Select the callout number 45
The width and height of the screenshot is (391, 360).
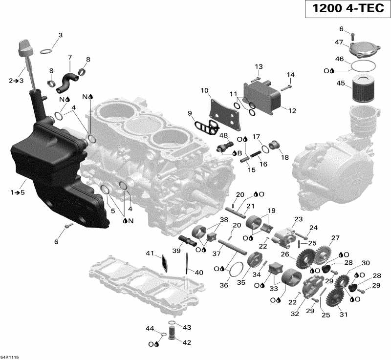click(341, 84)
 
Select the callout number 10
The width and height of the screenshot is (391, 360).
click(204, 90)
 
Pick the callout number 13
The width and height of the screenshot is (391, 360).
click(258, 66)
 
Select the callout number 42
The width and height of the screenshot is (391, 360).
click(186, 342)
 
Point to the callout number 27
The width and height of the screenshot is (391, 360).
click(335, 238)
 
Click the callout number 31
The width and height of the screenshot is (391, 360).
click(344, 314)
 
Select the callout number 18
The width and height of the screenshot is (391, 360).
click(284, 157)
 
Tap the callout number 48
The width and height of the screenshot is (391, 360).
click(224, 135)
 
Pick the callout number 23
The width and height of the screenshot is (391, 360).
click(298, 219)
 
